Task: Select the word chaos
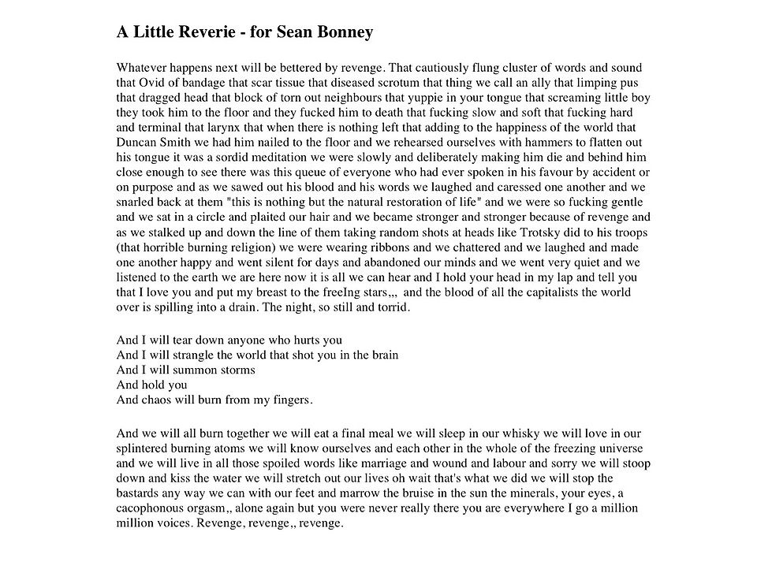tap(158, 400)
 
